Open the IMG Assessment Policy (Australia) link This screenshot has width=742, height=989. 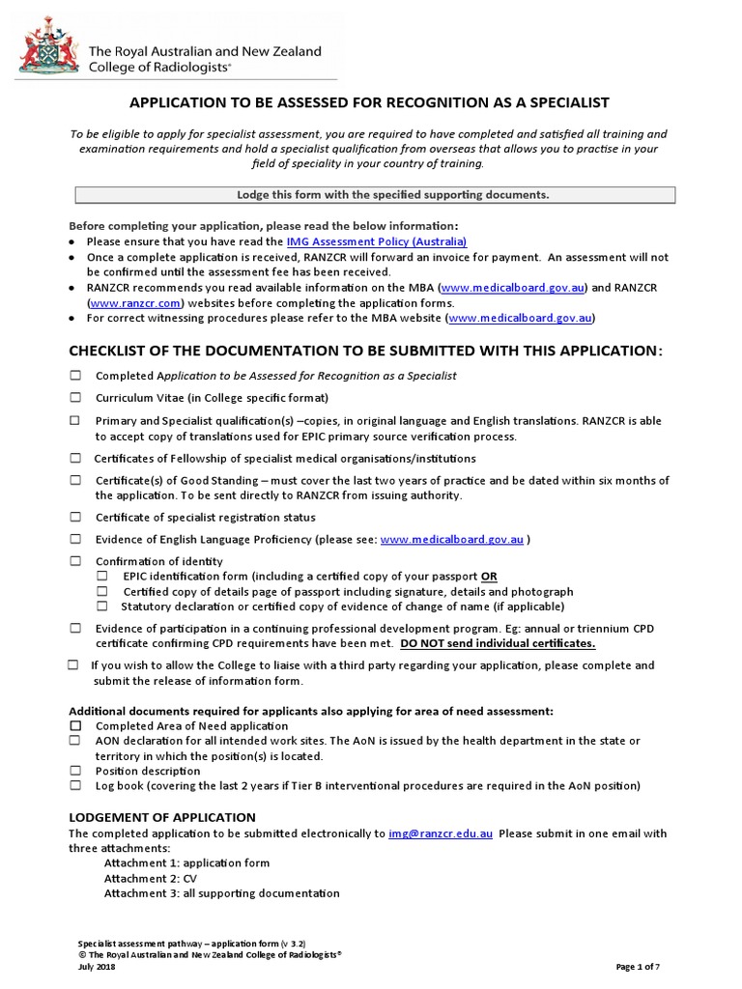(x=377, y=241)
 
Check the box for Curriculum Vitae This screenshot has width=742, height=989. (x=75, y=398)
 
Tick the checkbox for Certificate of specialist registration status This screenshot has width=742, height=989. (x=75, y=518)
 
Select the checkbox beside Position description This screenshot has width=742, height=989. (x=75, y=771)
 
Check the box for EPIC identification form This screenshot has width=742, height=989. (x=102, y=577)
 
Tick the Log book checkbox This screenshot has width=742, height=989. (x=75, y=786)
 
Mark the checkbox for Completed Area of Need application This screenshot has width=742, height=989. (x=75, y=725)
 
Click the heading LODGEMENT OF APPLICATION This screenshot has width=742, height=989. (x=162, y=817)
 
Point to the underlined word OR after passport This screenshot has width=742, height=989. (x=489, y=577)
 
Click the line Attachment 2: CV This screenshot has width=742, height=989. (x=145, y=878)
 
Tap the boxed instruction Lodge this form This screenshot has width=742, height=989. (x=375, y=195)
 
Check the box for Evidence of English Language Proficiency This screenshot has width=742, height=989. (x=75, y=539)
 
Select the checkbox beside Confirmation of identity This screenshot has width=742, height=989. (x=75, y=561)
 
